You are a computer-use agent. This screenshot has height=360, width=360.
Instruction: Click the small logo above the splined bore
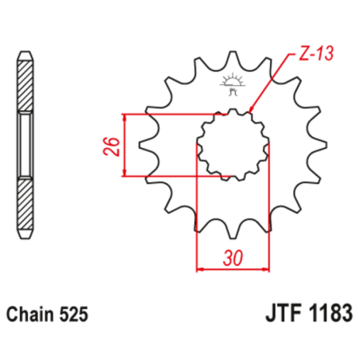[233, 82]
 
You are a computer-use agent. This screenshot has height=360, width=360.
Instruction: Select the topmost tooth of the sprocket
[233, 60]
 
